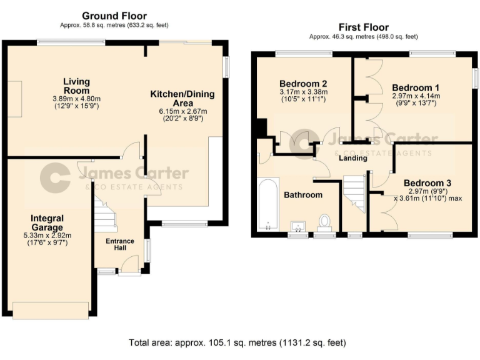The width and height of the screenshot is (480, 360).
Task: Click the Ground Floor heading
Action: click(115, 16)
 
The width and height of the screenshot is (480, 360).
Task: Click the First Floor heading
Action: click(363, 27)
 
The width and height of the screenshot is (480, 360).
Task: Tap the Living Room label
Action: click(76, 86)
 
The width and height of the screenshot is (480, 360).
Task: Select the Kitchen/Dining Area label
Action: click(182, 98)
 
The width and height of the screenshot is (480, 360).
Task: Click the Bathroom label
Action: click(303, 195)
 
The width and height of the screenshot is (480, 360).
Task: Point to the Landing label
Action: click(352, 158)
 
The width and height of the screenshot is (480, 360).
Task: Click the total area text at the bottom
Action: click(237, 342)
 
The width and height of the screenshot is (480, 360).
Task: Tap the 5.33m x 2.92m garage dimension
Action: click(47, 236)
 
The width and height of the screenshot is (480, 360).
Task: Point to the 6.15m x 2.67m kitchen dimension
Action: click(182, 111)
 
